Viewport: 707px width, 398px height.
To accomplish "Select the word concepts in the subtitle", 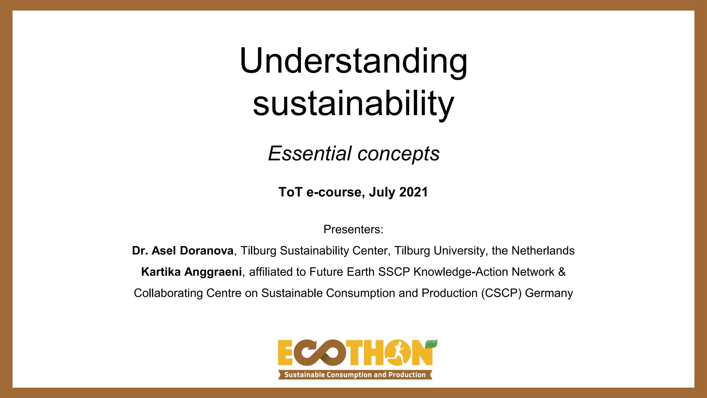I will coord(398,154).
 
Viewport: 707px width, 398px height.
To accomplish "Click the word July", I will coord(382,192).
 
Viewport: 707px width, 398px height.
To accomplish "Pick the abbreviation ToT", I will coord(290,192).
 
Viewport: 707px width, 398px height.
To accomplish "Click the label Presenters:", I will coord(353,229).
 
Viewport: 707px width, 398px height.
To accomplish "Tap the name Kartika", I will coord(161,272).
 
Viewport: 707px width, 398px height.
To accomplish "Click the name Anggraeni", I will coord(213,272).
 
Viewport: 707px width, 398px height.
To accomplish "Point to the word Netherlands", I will coord(543,250).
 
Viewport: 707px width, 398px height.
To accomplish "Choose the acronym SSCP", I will coord(394,272).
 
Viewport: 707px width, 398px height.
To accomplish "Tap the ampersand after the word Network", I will coord(562,272).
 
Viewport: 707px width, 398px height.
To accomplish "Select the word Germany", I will coord(549,293).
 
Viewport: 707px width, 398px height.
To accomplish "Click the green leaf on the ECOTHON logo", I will coord(431,344).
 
